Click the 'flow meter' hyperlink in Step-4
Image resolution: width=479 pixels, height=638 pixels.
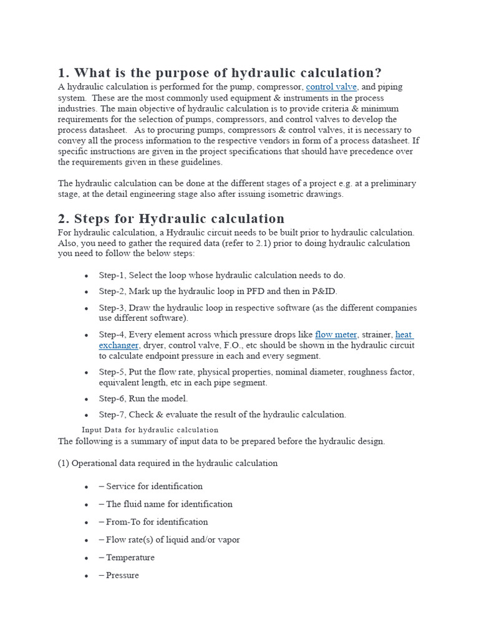(336, 335)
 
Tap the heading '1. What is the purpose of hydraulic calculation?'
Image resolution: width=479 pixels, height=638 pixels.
(220, 73)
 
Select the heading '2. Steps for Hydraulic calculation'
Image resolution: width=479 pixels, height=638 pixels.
(172, 219)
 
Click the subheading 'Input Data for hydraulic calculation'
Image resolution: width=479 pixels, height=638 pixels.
(150, 430)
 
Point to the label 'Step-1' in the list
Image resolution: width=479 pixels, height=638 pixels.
(112, 275)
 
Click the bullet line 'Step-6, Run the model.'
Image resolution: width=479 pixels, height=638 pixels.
(143, 399)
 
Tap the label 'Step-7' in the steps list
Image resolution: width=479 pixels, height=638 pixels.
(112, 415)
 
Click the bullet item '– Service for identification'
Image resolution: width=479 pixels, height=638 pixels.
(150, 487)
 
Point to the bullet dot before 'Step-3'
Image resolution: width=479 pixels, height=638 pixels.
(86, 308)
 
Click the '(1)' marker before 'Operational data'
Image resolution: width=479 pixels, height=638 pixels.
(64, 464)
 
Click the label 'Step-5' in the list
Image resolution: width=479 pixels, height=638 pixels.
(112, 372)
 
